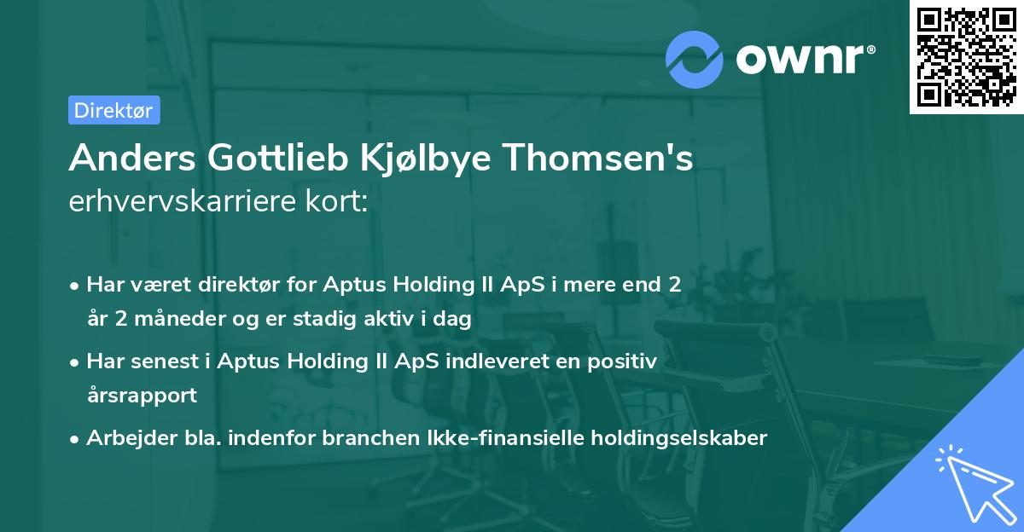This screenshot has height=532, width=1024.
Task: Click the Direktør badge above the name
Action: coord(113,110)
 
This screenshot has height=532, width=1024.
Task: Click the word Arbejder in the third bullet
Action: coord(125,438)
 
